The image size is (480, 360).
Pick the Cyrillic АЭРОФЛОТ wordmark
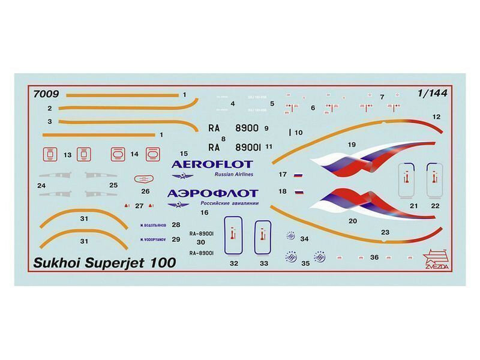pyautogui.click(x=211, y=193)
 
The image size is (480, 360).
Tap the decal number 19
pyautogui.click(x=352, y=144)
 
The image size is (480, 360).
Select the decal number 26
pyautogui.click(x=145, y=191)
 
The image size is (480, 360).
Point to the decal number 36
pyautogui.click(x=374, y=257)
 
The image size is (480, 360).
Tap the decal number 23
pyautogui.click(x=385, y=232)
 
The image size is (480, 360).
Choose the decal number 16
pyautogui.click(x=205, y=212)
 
